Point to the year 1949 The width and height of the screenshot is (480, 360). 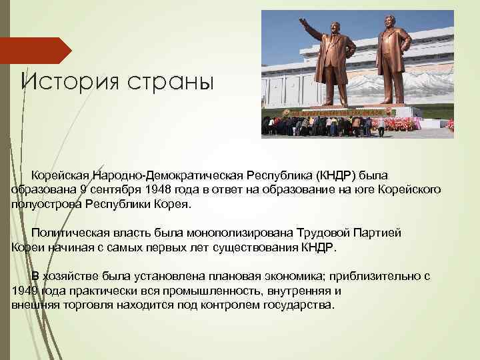coord(25,291)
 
